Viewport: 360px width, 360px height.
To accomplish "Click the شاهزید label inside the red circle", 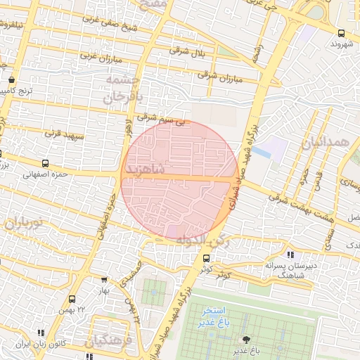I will [x=145, y=170].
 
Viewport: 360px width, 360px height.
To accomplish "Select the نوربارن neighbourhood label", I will [x=25, y=225].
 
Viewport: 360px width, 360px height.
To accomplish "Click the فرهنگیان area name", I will [x=110, y=342].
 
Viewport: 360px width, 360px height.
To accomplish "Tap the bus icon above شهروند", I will [x=341, y=32].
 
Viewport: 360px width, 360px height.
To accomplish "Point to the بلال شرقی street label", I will [x=188, y=50].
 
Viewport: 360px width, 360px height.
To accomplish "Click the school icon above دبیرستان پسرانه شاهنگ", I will [x=290, y=255].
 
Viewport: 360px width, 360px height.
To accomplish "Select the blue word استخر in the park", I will [x=212, y=310].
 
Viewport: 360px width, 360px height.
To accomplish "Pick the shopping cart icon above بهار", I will [x=105, y=279].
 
